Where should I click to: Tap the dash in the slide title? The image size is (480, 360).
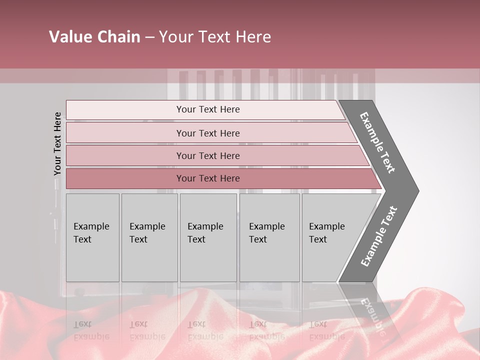(x=149, y=37)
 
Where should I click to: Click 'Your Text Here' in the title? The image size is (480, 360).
(x=215, y=37)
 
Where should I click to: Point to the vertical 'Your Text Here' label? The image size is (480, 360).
(x=57, y=143)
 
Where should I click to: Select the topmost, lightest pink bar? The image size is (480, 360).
(x=207, y=109)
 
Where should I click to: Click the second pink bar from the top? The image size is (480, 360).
(x=207, y=133)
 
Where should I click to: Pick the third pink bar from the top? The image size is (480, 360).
(x=207, y=155)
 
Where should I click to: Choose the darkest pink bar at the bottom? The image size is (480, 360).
(x=207, y=178)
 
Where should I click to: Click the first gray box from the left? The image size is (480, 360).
(x=92, y=237)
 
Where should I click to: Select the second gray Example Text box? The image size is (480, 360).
(x=149, y=237)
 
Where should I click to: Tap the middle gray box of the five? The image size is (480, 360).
(x=208, y=237)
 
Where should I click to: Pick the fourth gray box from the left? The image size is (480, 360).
(x=269, y=237)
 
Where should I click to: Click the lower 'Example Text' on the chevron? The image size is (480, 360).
(x=379, y=236)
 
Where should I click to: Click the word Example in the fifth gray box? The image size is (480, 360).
(x=326, y=226)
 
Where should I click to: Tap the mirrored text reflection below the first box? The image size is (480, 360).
(x=91, y=330)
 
